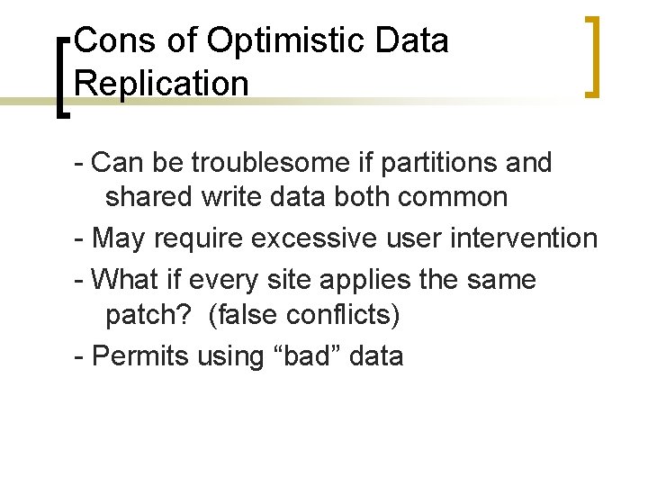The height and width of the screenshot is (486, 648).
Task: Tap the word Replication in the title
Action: [x=162, y=83]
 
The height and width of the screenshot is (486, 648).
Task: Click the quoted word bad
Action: [x=306, y=355]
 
